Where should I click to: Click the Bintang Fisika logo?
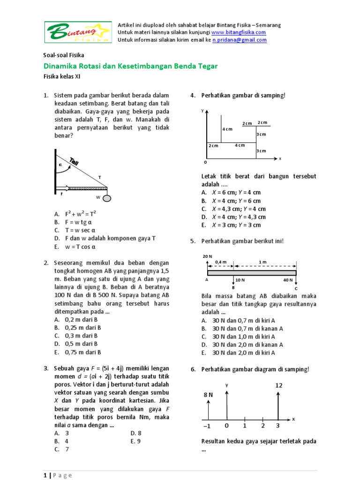pos(78,32)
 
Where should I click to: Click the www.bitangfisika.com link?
pos(239,32)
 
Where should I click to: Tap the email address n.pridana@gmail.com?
pos(240,40)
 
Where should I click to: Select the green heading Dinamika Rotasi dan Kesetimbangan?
pos(130,66)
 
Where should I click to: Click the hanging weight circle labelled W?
pos(107,198)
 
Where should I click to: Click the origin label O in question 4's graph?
pos(204,162)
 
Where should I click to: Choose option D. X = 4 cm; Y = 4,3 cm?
pos(233,217)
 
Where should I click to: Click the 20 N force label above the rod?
pos(207,256)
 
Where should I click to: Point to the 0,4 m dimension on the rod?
pos(220,262)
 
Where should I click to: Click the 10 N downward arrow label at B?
pos(240,280)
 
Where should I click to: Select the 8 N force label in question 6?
pos(208,395)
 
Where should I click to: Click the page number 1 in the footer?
pos(45,475)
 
